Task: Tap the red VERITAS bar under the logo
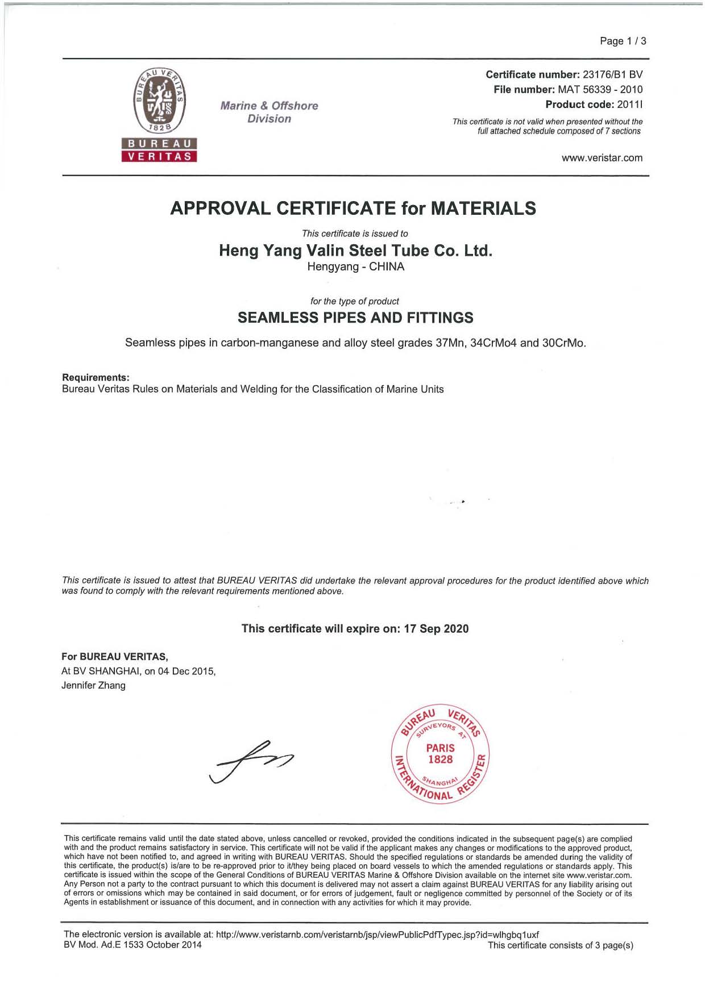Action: pos(159,156)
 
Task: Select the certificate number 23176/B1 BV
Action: pos(612,74)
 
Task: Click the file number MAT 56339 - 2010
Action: pos(600,89)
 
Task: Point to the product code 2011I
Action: pos(629,105)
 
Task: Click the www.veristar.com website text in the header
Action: pos(602,158)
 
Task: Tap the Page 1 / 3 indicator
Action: pos(623,41)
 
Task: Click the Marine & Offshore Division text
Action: pos(269,112)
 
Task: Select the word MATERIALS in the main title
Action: pos(483,208)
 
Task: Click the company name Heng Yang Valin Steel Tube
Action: pos(355,251)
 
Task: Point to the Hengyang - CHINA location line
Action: pos(355,266)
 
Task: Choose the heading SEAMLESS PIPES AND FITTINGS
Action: pos(355,318)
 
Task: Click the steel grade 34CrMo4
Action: pos(494,343)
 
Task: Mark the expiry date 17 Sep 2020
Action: pos(436,628)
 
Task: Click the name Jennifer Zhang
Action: pos(93,685)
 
